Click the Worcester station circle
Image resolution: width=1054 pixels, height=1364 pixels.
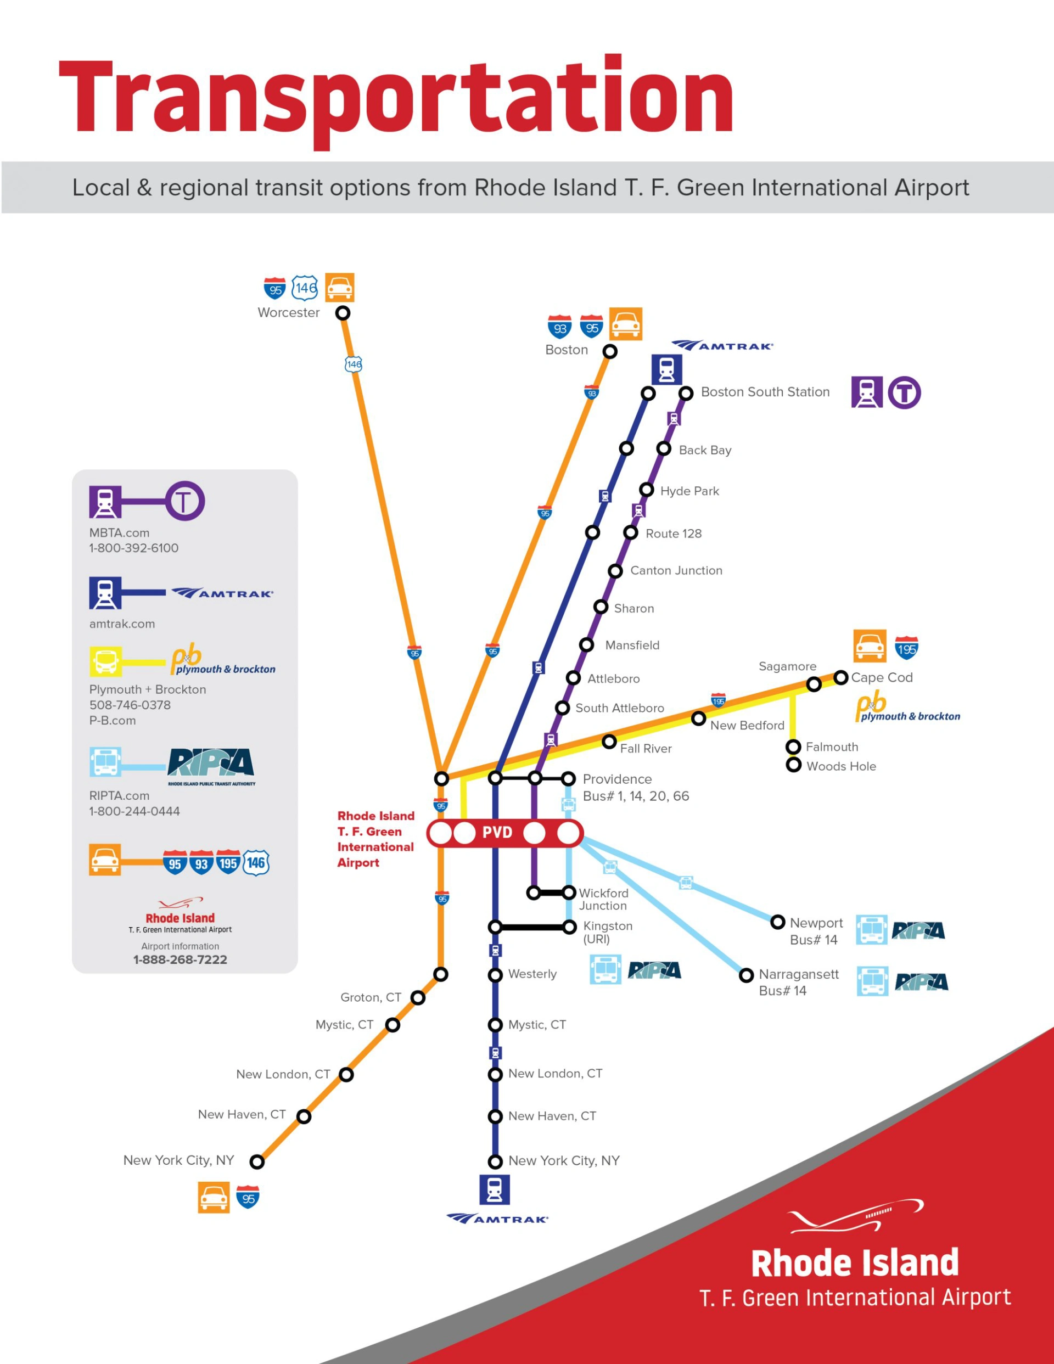(x=343, y=313)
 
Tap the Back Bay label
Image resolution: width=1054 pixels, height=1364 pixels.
(x=705, y=450)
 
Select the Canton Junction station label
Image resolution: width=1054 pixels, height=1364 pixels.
(x=676, y=570)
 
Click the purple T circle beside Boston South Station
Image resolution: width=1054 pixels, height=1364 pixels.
(x=904, y=393)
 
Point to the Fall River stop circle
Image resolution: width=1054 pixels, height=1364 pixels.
(x=609, y=742)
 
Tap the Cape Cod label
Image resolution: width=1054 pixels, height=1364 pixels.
(x=882, y=678)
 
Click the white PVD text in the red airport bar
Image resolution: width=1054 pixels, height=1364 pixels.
(x=497, y=833)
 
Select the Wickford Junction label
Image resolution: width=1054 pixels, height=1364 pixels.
(x=603, y=899)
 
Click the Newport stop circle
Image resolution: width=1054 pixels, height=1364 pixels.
(x=778, y=922)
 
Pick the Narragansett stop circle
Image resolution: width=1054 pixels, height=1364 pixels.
(x=746, y=975)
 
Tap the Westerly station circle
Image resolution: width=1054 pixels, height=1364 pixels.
(x=496, y=975)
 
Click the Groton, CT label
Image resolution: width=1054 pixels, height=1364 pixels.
(x=371, y=997)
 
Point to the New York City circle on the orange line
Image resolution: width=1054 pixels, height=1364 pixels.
(x=257, y=1161)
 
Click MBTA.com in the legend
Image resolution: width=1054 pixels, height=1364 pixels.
(x=119, y=533)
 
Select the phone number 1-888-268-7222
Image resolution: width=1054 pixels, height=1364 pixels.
(x=180, y=959)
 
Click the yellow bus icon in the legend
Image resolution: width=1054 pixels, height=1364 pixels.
(x=105, y=662)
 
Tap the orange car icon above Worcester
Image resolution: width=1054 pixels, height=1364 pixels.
(x=340, y=287)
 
